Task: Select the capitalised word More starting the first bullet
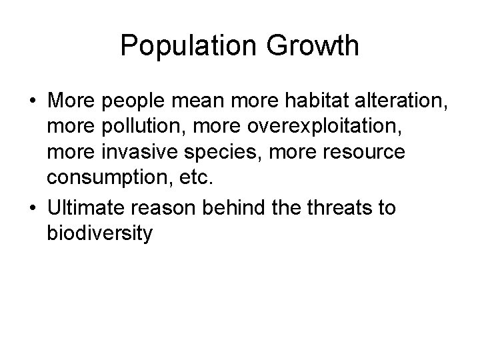(71, 101)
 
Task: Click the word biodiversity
(101, 234)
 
